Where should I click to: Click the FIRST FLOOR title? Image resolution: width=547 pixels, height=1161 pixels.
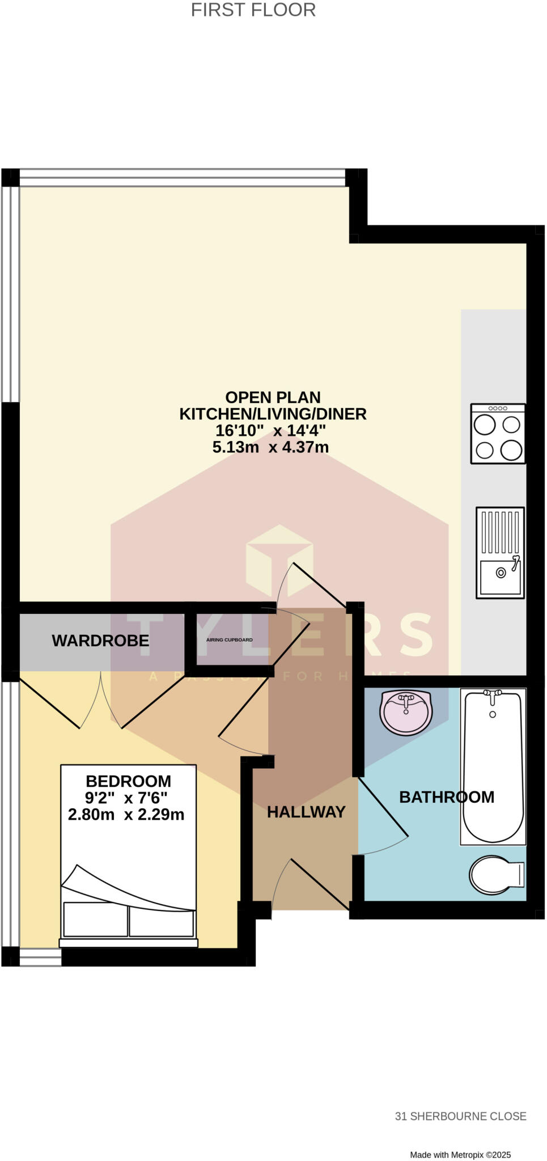pos(253,10)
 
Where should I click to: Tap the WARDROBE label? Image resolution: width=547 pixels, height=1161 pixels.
pos(100,641)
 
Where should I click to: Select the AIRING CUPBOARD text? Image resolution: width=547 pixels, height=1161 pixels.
pos(230,640)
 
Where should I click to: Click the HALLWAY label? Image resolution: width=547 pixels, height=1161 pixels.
pos(306,812)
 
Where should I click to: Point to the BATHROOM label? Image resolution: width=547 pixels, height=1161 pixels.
pos(447,797)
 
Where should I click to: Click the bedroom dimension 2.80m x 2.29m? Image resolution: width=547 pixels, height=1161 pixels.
pos(126,815)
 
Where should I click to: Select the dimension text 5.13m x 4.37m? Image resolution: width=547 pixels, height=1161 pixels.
pos(270,447)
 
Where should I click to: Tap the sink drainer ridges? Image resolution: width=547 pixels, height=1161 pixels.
pos(500,532)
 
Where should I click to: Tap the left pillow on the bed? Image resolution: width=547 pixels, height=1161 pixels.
pos(95,919)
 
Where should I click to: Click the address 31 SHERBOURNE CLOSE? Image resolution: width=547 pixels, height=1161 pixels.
pos(460,1116)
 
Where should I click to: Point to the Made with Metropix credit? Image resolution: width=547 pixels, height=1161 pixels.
pos(460,1155)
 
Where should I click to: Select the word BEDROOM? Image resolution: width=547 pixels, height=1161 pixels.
pos(128,781)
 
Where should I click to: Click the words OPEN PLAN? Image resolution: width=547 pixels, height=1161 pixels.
pos(273,397)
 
